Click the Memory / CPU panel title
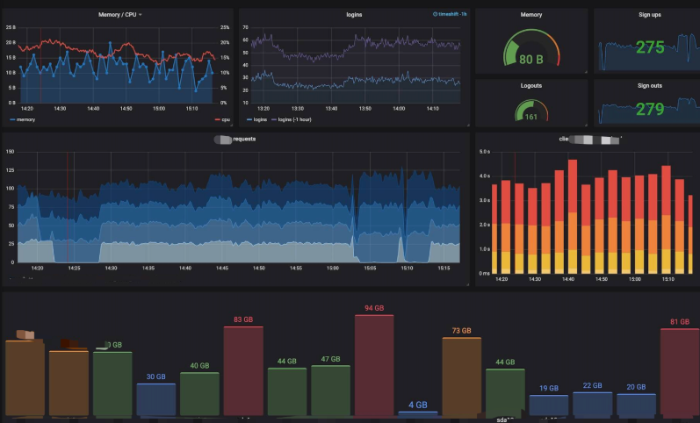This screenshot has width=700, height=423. pos(118,15)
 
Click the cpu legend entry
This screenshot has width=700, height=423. pos(225,119)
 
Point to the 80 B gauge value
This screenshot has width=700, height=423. pos(531,60)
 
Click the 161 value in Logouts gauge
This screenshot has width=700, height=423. pos(531,116)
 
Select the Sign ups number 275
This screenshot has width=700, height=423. pos(650,47)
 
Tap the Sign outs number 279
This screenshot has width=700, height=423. pos(650,110)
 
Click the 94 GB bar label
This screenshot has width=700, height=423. pos(374,308)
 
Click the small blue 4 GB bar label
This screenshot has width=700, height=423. pos(418,405)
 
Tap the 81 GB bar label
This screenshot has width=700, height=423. pos(680,322)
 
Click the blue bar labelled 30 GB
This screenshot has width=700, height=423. pos(155,399)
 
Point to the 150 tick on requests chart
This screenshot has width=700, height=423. pos(11,151)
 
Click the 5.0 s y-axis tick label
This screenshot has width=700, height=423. pos(484,151)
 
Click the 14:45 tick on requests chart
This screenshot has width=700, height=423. pos(222,269)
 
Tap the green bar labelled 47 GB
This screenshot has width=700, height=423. pos(330,390)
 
